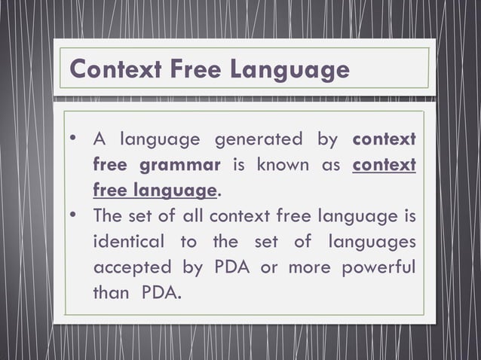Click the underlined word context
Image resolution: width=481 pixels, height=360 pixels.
(x=384, y=166)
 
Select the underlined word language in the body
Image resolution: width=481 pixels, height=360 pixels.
(x=176, y=191)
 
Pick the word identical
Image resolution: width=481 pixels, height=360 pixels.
(x=127, y=243)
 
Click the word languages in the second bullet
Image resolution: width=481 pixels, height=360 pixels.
(x=370, y=243)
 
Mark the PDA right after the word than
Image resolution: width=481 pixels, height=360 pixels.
(x=161, y=293)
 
